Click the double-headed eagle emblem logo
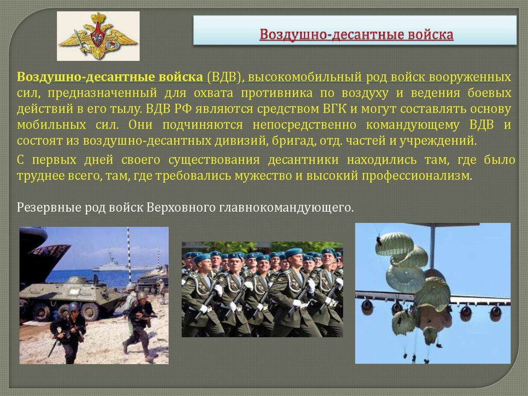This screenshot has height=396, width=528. click(98, 36)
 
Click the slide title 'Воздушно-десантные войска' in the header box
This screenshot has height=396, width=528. click(356, 35)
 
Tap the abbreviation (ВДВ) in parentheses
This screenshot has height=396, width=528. click(224, 77)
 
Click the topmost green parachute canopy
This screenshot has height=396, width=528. click(394, 243)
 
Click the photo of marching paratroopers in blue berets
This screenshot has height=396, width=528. click(262, 289)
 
